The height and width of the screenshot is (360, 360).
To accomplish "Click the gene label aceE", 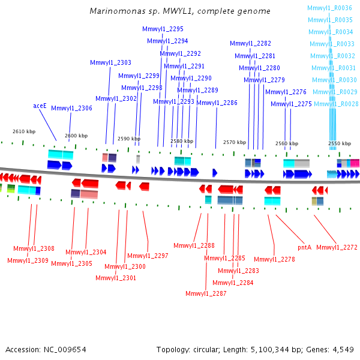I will pos(40,106).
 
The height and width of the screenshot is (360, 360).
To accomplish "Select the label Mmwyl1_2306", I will pos(71,109).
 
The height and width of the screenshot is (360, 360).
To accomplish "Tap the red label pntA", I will pos(305,247).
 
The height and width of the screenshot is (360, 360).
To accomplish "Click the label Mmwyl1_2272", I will pos(337,247).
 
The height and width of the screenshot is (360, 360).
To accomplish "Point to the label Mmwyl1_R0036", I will pos(329,8).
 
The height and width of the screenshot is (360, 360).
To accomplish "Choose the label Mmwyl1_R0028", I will pos(337,104).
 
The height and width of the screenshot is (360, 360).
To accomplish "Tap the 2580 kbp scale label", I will pos(182,142).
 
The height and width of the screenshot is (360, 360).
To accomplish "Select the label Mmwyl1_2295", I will pos(163,29).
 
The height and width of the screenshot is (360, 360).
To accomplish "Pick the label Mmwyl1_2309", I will pos(28,260).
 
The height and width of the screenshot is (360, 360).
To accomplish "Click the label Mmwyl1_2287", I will pos(206,293).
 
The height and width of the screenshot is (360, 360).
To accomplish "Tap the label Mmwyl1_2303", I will pos(110,63).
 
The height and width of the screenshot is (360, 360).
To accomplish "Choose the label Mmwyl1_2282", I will pos(250,44).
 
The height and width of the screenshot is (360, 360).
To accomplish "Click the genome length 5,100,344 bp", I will pos(277,350).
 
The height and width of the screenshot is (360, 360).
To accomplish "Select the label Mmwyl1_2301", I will pos(116,278).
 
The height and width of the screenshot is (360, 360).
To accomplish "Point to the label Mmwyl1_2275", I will pos(291,104).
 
